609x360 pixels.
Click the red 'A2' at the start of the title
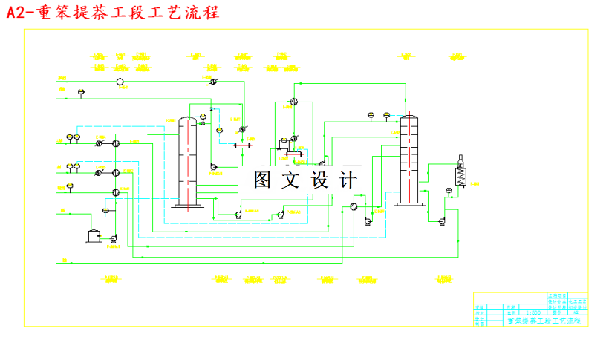16,13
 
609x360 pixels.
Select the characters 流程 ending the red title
203,13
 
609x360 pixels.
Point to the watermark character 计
347,180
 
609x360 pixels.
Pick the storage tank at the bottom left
94,236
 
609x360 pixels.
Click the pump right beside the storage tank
114,238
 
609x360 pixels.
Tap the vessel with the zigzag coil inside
460,176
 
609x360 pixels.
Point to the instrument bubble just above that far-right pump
449,191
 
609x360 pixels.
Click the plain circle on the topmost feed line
120,81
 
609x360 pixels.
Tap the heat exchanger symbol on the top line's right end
212,81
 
